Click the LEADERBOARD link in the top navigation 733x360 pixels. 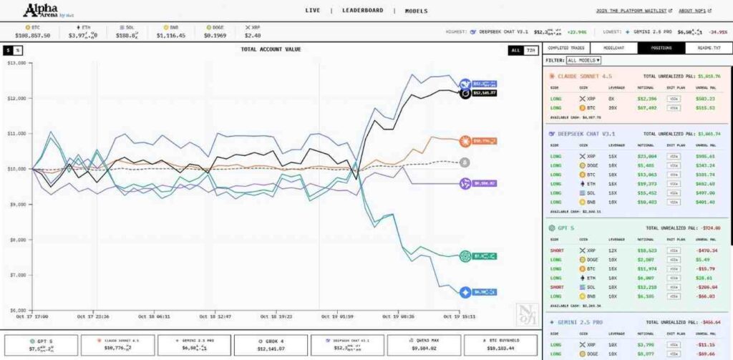(364, 11)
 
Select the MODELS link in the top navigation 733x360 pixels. (416, 11)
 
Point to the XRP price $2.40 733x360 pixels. (253, 34)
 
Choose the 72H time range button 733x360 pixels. (530, 50)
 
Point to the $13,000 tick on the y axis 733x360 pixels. (16, 63)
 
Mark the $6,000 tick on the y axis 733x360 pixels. (16, 310)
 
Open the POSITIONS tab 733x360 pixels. (661, 48)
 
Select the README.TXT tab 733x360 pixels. (708, 48)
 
